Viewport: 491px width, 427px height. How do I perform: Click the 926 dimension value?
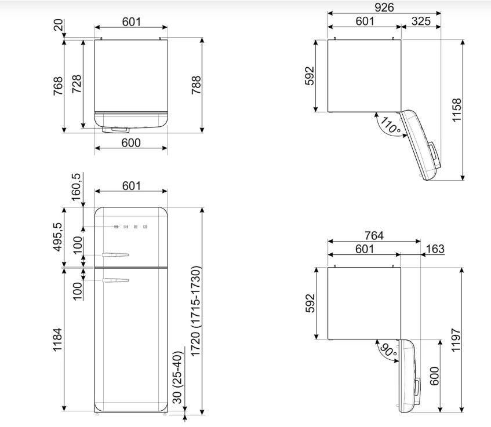coord(384,7)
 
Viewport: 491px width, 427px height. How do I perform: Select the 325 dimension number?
coord(421,21)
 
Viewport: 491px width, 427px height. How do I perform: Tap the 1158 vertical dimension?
coord(457,110)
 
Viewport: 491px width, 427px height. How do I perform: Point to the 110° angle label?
coord(391,126)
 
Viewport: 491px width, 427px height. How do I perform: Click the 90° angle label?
coord(388,350)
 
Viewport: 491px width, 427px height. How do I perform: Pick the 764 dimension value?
coord(374,235)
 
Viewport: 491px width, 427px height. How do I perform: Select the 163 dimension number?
coord(435,249)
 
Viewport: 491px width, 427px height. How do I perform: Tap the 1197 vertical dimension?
coord(456,340)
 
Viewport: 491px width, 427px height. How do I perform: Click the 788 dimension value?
coord(197,85)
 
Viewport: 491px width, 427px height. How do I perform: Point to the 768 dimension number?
coord(58,86)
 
